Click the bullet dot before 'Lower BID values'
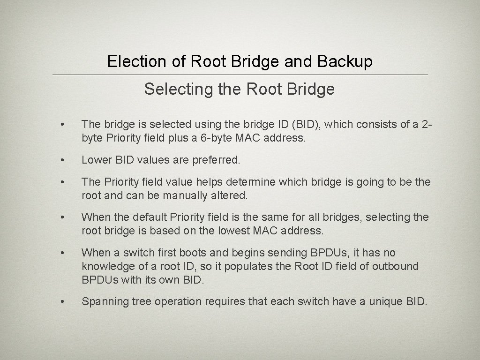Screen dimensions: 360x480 pyautogui.click(x=61, y=160)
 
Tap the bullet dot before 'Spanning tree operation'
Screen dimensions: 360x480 pyautogui.click(x=61, y=302)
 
